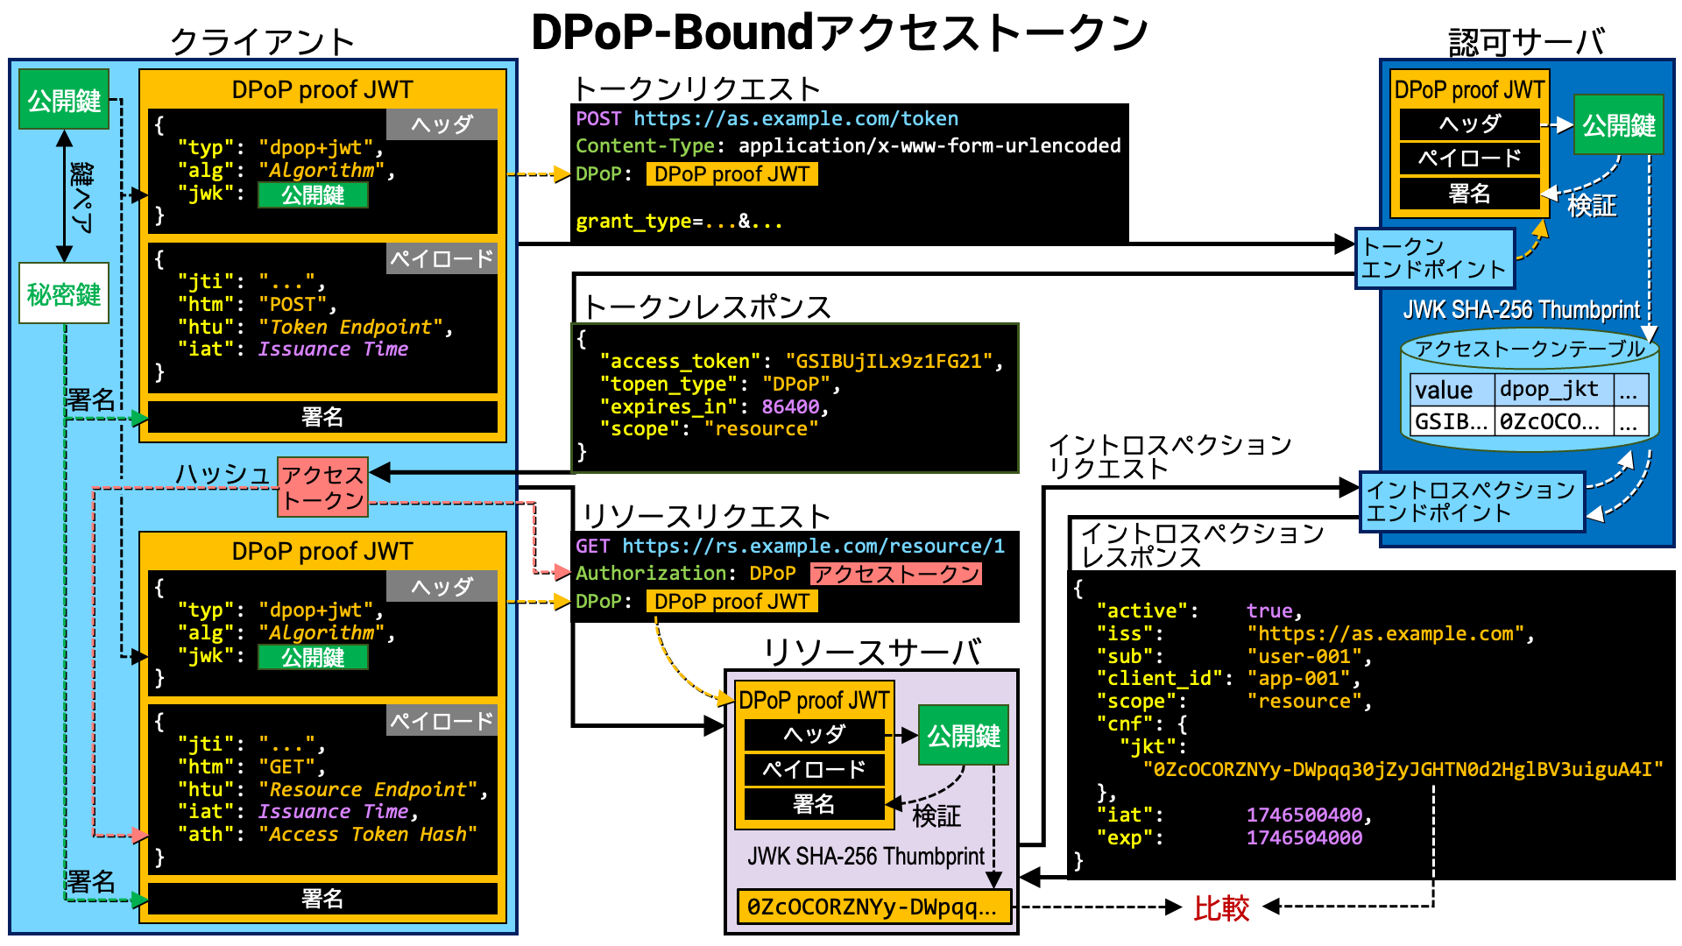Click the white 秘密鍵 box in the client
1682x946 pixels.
[x=64, y=293]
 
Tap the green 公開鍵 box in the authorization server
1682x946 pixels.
[x=1618, y=125]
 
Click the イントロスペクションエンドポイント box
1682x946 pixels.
[x=1472, y=501]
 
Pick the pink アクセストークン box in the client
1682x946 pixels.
[x=322, y=487]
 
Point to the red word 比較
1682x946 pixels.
[x=1221, y=907]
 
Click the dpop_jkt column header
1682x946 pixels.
[x=1549, y=389]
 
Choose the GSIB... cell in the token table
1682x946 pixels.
[x=1451, y=421]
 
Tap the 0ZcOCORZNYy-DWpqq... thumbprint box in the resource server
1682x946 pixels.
[x=873, y=907]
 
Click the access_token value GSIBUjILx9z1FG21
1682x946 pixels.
[x=888, y=361]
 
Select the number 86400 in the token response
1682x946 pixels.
[x=790, y=406]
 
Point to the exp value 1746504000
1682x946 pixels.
[x=1304, y=837]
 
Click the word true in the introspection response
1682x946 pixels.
[x=1269, y=611]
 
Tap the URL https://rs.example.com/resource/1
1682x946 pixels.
[x=813, y=546]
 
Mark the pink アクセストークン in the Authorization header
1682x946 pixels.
[x=895, y=574]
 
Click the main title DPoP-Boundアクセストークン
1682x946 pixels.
[x=839, y=32]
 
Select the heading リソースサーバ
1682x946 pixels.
[x=871, y=653]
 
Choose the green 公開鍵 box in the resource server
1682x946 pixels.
[x=964, y=735]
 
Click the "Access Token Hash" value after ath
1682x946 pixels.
[x=368, y=834]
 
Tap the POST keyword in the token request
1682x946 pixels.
[x=598, y=118]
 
